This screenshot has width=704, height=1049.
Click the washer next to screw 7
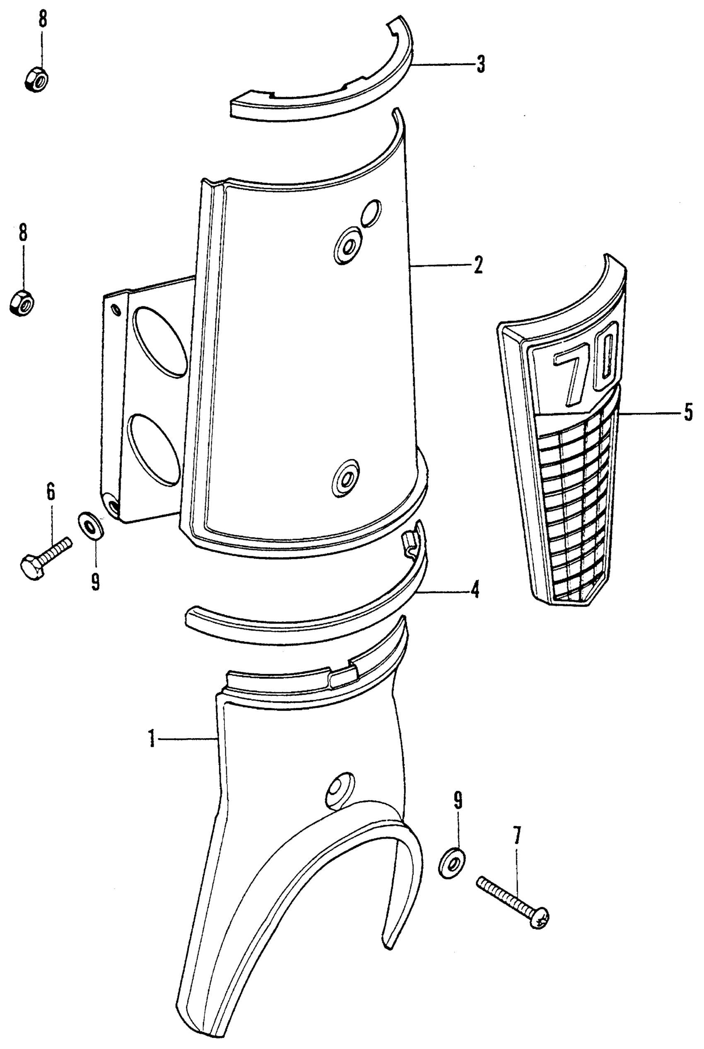tap(452, 862)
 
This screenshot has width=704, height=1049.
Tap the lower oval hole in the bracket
tap(154, 449)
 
